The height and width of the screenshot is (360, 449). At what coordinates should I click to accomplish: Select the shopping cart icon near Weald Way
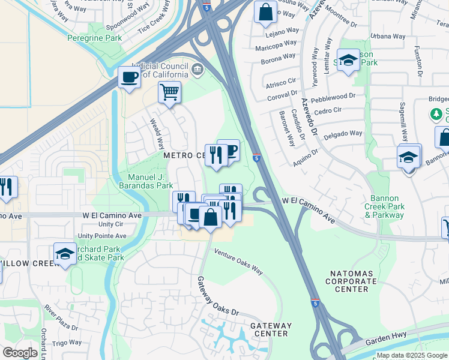click(170, 93)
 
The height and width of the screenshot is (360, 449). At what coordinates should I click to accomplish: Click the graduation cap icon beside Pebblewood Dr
click(348, 61)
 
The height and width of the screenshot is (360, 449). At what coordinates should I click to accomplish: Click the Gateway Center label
click(271, 329)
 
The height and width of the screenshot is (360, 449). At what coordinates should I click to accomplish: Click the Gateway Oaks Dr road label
click(218, 297)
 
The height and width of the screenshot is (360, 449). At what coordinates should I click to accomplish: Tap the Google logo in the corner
click(20, 353)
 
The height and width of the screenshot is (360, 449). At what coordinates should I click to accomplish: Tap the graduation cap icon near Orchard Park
click(65, 254)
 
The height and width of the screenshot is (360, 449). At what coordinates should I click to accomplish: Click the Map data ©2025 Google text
click(412, 355)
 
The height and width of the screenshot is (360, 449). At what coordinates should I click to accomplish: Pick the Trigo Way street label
click(67, 343)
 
